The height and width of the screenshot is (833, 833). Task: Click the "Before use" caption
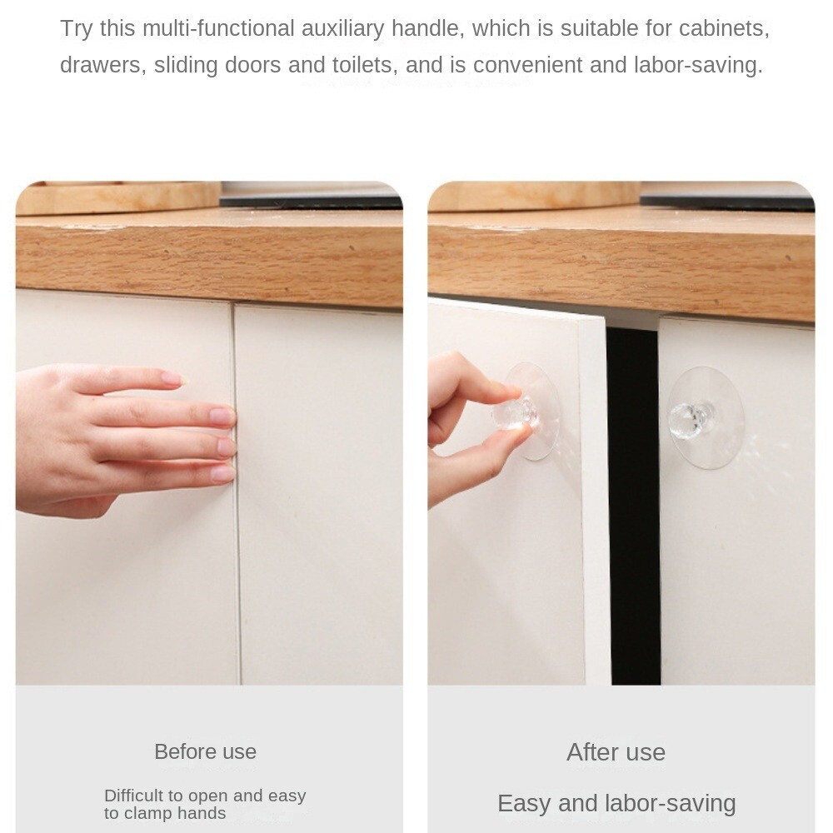(205, 751)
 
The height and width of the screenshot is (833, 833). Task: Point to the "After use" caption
(616, 752)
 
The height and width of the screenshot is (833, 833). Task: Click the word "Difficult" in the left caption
(137, 796)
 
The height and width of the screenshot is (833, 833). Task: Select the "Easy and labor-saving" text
(616, 803)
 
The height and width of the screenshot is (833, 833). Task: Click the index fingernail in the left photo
(172, 378)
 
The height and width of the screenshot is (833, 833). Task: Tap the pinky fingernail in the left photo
(222, 473)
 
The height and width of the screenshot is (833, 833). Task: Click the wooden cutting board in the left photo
(117, 198)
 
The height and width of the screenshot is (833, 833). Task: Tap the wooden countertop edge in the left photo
(208, 258)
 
